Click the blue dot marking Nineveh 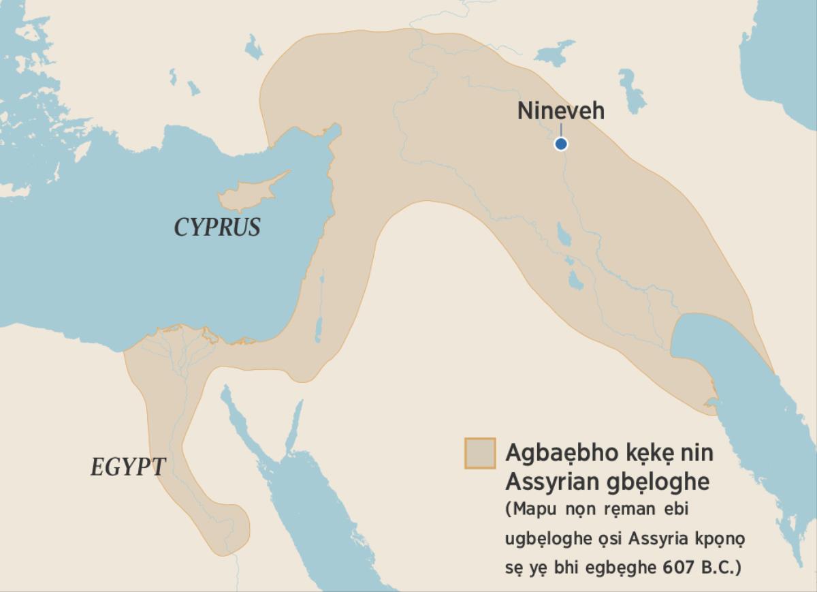(560, 144)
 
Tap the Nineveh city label (560, 110)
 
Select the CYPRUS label (217, 227)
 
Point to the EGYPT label (128, 467)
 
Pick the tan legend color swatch (479, 453)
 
